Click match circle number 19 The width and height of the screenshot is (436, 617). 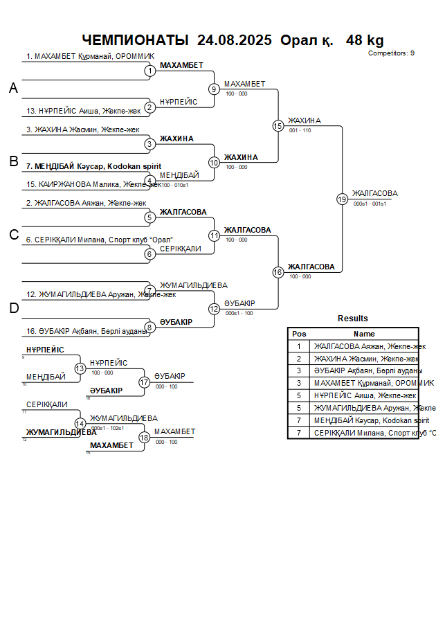tap(342, 199)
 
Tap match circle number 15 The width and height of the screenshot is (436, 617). tap(278, 126)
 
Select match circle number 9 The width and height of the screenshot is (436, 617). tap(214, 89)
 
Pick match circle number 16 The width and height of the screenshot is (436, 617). tap(278, 272)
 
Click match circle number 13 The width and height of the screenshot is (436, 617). tap(80, 368)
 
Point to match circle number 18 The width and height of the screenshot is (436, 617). tap(144, 437)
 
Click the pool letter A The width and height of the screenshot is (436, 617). tap(13, 89)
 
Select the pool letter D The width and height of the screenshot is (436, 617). tap(13, 309)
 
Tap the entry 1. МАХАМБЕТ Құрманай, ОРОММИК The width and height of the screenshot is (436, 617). tap(91, 56)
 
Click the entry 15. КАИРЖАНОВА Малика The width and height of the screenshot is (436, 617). tap(90, 185)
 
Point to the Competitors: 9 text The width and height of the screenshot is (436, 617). tap(391, 53)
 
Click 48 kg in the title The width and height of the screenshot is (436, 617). tap(365, 40)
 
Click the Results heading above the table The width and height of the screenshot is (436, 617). tap(353, 319)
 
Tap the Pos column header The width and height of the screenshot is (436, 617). tap(299, 334)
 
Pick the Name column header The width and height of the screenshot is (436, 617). tap(364, 334)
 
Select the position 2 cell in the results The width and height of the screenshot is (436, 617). tap(299, 359)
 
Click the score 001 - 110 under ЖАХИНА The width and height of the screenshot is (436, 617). tap(300, 130)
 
